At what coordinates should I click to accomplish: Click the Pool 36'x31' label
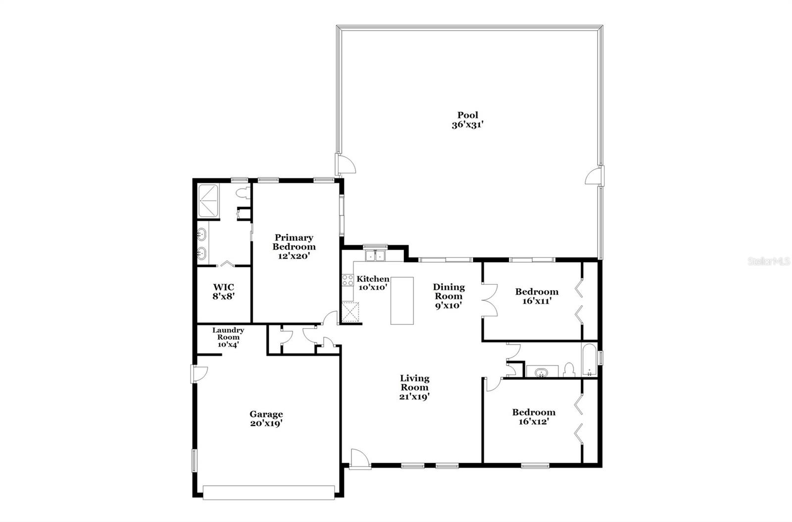click(467, 120)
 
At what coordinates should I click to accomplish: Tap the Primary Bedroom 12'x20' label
click(294, 247)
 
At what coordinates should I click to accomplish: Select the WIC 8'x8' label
click(223, 292)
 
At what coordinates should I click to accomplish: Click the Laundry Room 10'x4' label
click(228, 337)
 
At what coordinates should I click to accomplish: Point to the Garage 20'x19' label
click(266, 418)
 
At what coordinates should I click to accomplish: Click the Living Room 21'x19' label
click(414, 387)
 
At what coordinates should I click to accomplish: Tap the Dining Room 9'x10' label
click(448, 296)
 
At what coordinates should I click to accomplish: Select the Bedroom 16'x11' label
click(537, 296)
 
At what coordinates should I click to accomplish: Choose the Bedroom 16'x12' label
click(534, 417)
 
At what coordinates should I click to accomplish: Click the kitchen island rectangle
click(402, 301)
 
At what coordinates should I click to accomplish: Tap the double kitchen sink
click(375, 256)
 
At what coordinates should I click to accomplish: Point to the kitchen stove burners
click(347, 281)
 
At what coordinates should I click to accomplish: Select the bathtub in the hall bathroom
click(589, 360)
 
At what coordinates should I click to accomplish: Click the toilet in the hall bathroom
click(569, 369)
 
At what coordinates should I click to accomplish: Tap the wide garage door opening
click(269, 492)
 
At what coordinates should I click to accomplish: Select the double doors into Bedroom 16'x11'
click(490, 300)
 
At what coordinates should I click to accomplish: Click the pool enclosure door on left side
click(345, 164)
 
